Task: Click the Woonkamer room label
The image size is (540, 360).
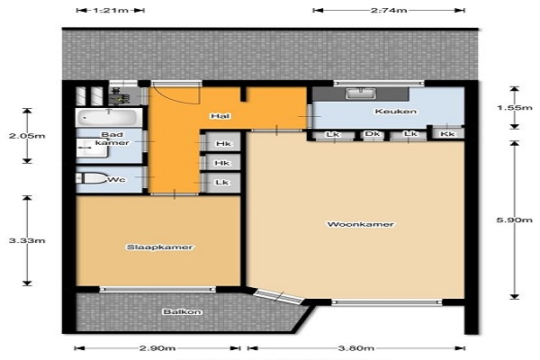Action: (360, 225)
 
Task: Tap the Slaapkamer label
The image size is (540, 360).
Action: (160, 247)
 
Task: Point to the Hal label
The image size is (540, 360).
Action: (220, 116)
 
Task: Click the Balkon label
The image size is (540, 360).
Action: (182, 311)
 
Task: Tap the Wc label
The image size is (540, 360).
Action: (117, 180)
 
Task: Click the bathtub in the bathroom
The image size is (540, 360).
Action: (109, 118)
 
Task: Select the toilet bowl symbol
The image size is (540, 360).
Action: (91, 178)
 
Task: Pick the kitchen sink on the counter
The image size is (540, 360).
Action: (361, 94)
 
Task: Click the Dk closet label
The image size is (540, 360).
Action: (373, 134)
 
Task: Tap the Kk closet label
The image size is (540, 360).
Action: (447, 134)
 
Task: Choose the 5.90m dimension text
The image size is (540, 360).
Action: (515, 220)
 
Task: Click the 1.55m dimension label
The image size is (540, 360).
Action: (515, 107)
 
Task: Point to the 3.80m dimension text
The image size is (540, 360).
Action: (355, 348)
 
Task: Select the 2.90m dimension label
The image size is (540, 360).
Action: (157, 348)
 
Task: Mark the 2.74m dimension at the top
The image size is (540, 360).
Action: (389, 10)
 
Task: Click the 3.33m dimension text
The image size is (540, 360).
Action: (27, 240)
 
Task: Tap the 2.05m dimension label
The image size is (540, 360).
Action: (27, 136)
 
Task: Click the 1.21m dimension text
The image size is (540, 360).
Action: (110, 10)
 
